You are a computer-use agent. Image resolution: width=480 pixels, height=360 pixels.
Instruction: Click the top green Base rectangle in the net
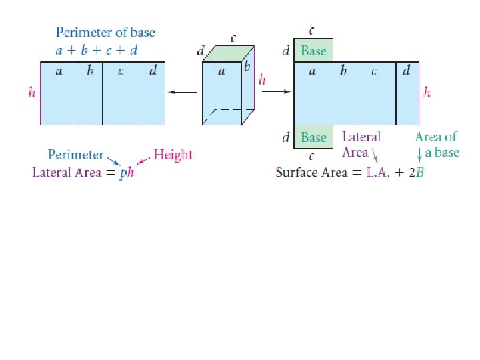313,51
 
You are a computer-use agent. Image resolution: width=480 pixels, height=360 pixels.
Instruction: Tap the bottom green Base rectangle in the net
313,137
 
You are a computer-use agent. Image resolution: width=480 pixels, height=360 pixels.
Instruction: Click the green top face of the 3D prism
229,54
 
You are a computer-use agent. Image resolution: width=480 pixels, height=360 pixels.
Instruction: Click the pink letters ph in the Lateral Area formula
127,173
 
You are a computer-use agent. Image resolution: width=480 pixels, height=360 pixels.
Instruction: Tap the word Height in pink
173,155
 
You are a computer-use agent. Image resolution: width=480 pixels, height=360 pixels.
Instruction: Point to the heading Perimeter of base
105,32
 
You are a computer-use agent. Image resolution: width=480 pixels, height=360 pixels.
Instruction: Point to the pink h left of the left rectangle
32,93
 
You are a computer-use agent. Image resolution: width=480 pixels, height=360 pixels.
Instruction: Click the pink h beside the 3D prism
262,80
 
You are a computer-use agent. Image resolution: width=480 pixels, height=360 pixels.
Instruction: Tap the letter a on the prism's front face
221,71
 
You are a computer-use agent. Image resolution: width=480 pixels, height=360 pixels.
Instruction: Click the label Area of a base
437,144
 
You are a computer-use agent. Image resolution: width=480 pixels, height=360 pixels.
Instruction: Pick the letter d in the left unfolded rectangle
153,71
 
